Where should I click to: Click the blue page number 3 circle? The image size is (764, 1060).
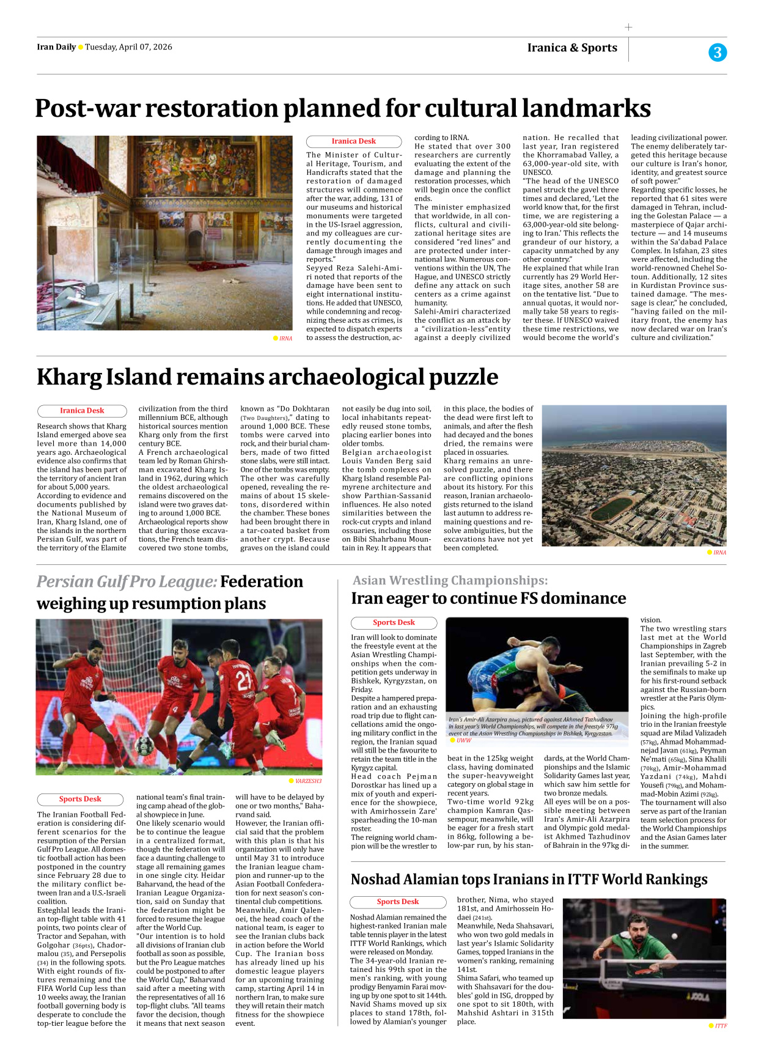[718, 53]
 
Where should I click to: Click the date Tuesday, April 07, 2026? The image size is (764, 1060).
[128, 47]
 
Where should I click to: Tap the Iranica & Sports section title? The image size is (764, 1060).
[572, 48]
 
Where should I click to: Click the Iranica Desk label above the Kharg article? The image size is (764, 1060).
[82, 411]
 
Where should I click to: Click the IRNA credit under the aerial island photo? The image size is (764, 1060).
[719, 553]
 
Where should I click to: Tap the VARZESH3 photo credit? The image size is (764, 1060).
[307, 781]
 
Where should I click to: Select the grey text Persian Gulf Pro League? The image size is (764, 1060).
[127, 581]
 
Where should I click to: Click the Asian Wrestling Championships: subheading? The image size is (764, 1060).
[450, 580]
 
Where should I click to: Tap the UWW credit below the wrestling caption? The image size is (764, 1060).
[464, 740]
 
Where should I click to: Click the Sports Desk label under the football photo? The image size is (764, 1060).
[80, 799]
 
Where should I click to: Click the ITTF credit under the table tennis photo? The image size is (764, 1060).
[721, 1026]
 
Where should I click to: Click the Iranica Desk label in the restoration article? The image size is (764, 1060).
[353, 141]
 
